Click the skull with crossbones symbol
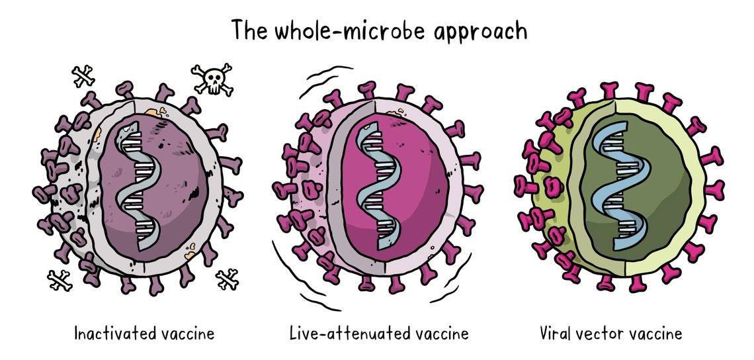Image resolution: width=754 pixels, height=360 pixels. point(212,79)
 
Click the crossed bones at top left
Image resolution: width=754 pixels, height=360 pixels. point(84,76)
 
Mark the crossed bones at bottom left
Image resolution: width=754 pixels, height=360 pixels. point(60,280)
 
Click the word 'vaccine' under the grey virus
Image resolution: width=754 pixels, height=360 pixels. point(188,332)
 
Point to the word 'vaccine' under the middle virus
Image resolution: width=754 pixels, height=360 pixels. point(439,332)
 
